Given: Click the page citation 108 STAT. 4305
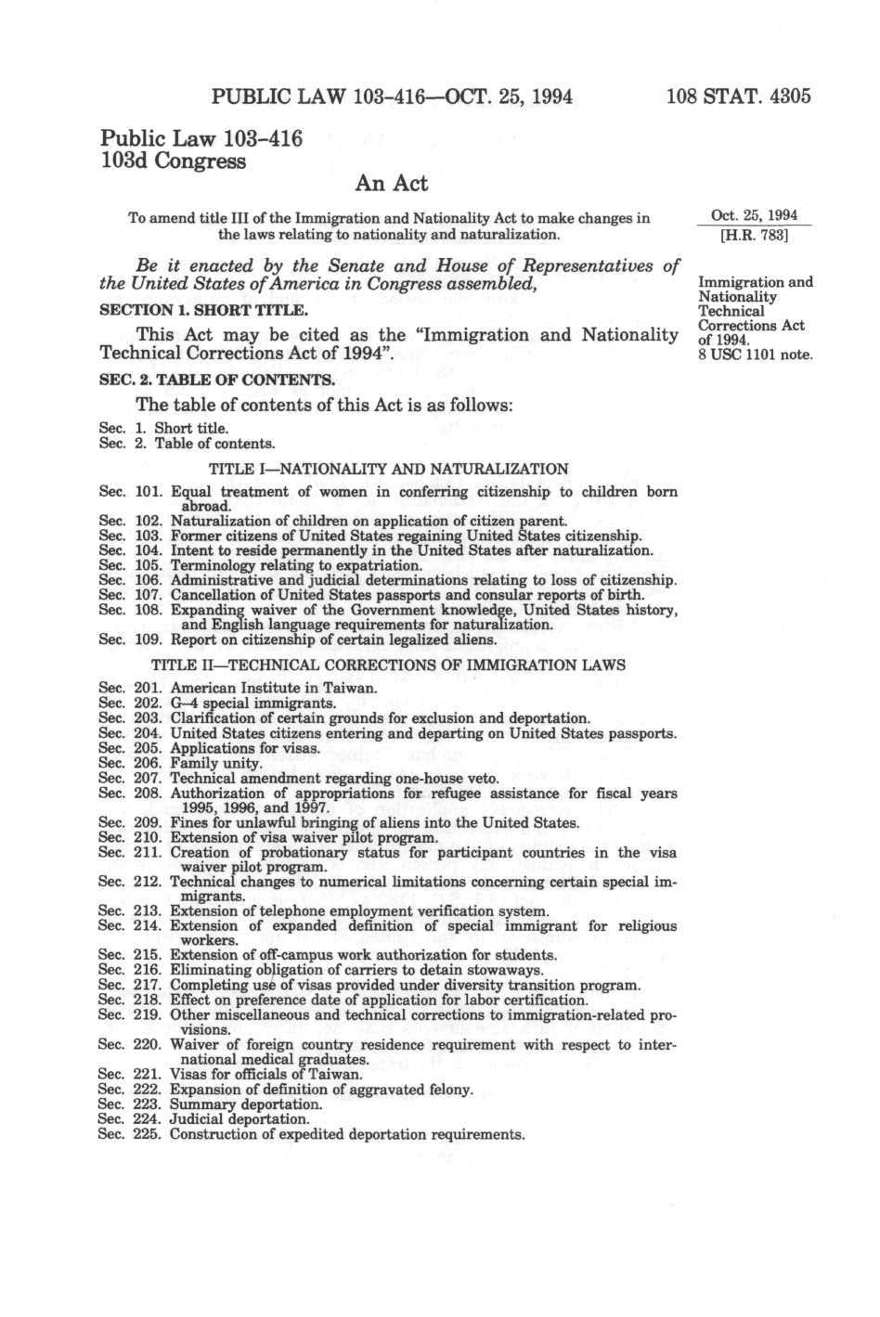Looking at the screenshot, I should pos(739,96).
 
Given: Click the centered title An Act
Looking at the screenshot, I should pos(392,184).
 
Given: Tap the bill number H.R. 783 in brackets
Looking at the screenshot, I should pos(754,236).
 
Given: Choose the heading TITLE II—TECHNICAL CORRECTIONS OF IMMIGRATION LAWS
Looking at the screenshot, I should pos(387,665).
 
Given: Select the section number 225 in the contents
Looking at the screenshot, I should pos(148,1134).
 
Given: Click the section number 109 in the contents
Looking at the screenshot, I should pos(148,639).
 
